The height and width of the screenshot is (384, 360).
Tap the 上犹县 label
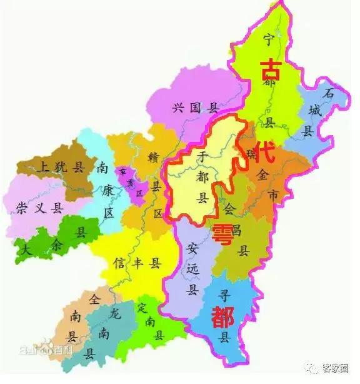click(61, 167)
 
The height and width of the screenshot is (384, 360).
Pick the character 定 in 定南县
click(142, 308)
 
